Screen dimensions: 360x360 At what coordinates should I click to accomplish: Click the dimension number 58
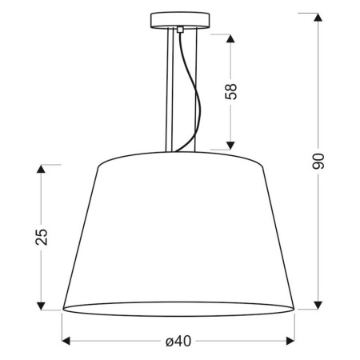(233, 91)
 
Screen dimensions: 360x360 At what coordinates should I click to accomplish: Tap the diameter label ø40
(178, 342)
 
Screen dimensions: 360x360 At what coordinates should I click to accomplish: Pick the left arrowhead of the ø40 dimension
(66, 342)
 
